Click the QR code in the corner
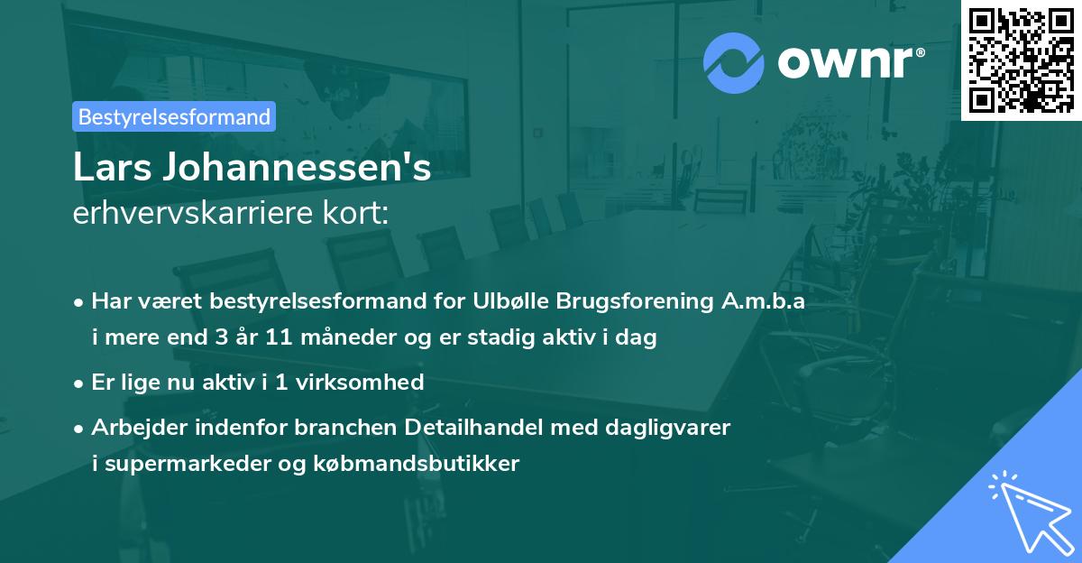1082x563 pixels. (x=1022, y=60)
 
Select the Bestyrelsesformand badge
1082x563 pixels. (x=174, y=116)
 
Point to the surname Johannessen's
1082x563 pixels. (x=297, y=168)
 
